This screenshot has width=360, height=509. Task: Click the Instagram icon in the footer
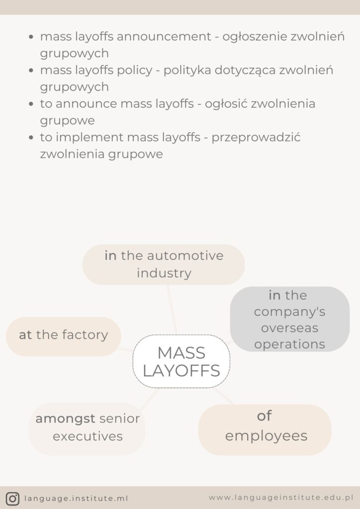(x=13, y=498)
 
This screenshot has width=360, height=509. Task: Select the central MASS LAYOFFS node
(x=181, y=361)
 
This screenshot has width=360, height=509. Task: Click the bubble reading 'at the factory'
(x=63, y=336)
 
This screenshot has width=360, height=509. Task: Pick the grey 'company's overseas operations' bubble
(x=289, y=319)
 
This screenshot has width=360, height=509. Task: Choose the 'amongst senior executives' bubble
(x=87, y=428)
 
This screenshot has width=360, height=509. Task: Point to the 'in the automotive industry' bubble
(x=164, y=264)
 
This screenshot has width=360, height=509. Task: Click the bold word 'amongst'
(x=65, y=419)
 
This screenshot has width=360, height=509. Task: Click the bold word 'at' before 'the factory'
(x=25, y=335)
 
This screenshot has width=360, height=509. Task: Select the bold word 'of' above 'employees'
(x=264, y=416)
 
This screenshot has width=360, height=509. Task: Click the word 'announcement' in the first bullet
(x=176, y=37)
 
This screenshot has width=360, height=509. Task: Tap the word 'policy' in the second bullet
(x=135, y=70)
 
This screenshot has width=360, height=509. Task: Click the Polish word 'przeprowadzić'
(x=256, y=137)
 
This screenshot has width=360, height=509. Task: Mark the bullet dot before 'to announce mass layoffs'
(x=31, y=104)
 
